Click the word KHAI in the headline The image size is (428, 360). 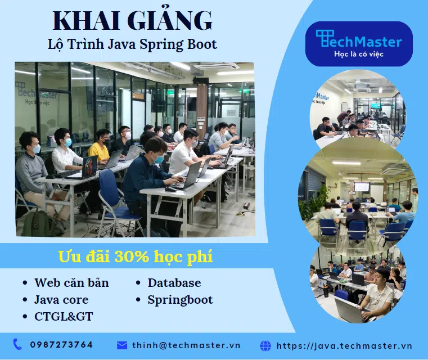[86, 21]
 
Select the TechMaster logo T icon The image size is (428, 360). [325, 38]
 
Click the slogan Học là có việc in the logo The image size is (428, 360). [359, 54]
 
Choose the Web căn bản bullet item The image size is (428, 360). [71, 282]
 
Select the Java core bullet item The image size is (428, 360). [61, 300]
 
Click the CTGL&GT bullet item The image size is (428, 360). [64, 317]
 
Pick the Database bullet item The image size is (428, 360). [174, 283]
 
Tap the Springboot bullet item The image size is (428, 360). [180, 300]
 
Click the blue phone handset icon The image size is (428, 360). [17, 344]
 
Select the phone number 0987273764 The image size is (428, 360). [61, 345]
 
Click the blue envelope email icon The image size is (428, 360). [122, 345]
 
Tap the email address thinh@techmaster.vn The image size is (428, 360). [186, 345]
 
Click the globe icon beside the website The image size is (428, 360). [265, 345]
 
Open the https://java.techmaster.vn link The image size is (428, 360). [344, 346]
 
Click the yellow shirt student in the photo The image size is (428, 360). [100, 147]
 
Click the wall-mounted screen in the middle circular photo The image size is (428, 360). [362, 187]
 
